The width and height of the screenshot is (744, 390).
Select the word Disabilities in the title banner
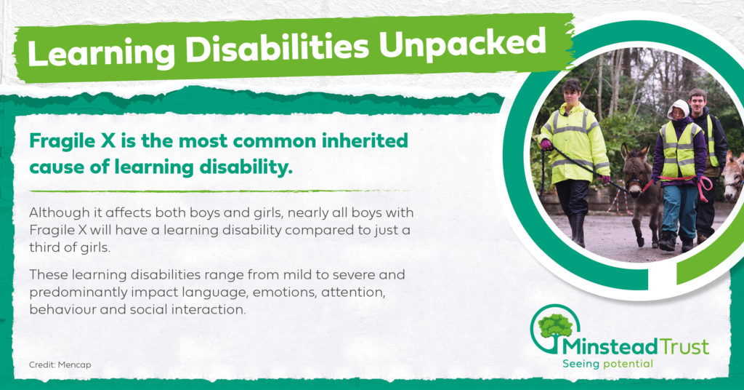[x=277, y=48]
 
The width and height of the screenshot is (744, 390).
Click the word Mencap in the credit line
[x=75, y=365]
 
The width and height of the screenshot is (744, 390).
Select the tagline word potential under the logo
[x=628, y=365]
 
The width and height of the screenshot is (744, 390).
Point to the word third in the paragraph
[x=41, y=248]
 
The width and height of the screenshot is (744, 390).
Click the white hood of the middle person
[x=679, y=108]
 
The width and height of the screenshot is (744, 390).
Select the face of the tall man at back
[x=697, y=100]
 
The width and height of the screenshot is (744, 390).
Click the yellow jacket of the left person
[x=574, y=142]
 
